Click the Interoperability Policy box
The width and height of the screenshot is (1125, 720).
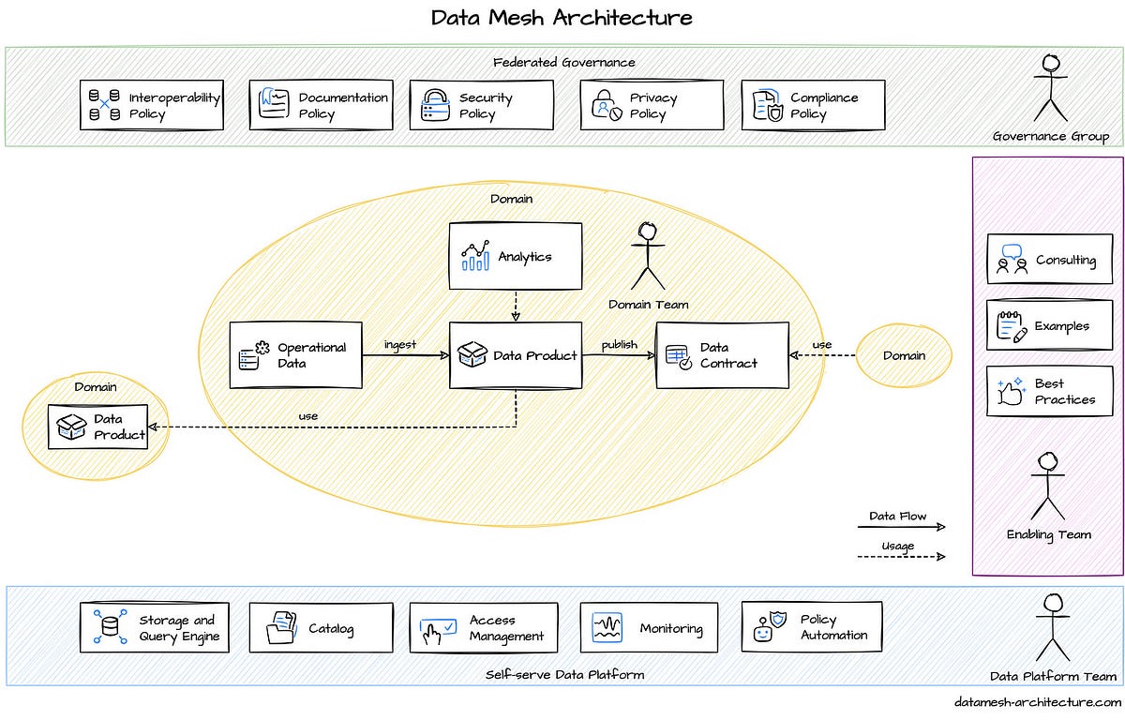tap(153, 105)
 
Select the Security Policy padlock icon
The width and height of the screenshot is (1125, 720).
tap(435, 104)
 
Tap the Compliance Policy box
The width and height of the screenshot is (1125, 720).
tap(813, 105)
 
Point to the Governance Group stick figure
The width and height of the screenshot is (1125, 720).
tap(1051, 88)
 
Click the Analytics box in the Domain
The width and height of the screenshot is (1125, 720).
tap(515, 256)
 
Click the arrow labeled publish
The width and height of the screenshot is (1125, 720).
tap(618, 356)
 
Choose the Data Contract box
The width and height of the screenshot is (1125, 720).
tap(722, 355)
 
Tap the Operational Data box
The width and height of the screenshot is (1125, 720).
tap(295, 355)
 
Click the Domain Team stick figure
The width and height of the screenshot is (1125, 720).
tap(647, 255)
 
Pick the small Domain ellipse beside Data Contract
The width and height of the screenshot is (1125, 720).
tap(904, 355)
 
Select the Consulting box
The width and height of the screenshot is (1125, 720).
tap(1049, 260)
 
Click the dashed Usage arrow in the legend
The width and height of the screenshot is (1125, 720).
tap(900, 557)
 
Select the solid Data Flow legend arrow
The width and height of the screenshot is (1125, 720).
tap(900, 527)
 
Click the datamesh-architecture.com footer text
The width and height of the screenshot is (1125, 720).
tap(1037, 701)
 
